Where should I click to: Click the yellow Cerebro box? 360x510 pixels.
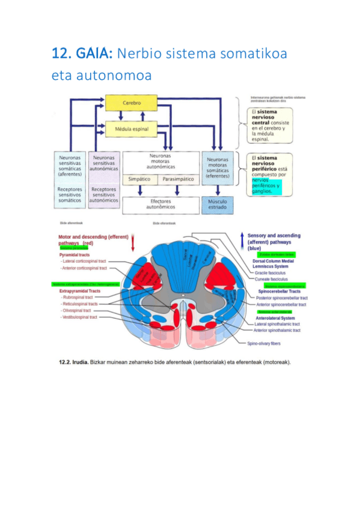tap(132, 103)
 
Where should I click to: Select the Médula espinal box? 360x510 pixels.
tap(132, 129)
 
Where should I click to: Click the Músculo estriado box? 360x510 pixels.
tap(217, 204)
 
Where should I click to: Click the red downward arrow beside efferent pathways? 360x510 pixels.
tap(133, 243)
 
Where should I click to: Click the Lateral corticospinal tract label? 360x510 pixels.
tap(85, 261)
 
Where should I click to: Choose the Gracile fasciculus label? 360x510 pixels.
tap(270, 272)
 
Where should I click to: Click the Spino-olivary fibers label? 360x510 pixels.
tap(265, 343)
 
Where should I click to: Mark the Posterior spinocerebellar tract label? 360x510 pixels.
tap(281, 298)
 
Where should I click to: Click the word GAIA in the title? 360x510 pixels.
tap(93, 54)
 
